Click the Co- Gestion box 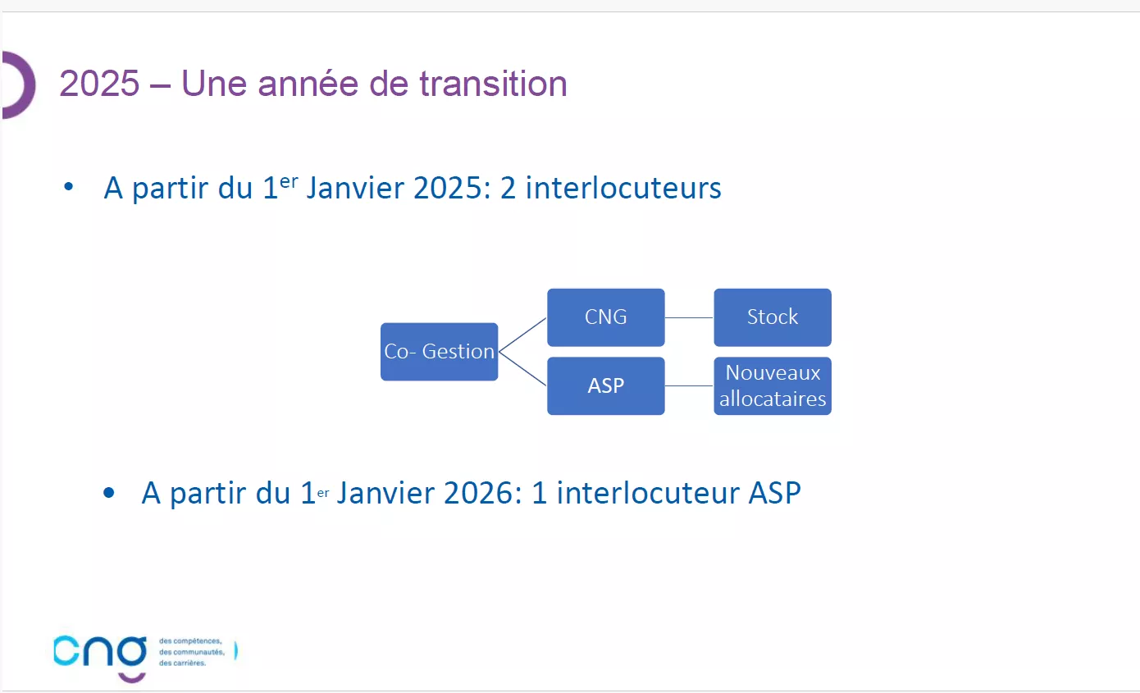coord(440,352)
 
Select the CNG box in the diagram coord(605,317)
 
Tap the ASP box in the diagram coord(605,385)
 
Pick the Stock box coord(773,317)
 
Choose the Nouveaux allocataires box coord(773,385)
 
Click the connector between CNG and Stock coord(689,317)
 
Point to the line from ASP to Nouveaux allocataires coord(689,385)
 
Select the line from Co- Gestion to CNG coord(522,335)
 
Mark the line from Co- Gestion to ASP coord(522,368)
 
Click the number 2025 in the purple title coord(99,84)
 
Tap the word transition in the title coord(493,84)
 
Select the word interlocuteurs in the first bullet coord(623,188)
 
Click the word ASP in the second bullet coord(774,493)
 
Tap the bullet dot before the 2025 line coord(69,186)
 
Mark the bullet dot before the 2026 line coord(108,493)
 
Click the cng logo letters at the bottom coord(100,652)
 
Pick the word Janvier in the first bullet coord(355,188)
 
